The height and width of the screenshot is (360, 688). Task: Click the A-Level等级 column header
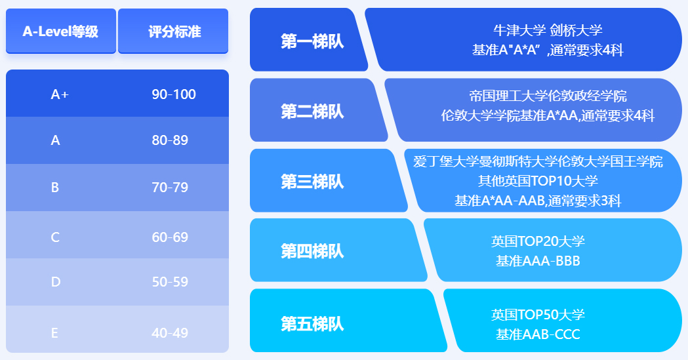(61, 31)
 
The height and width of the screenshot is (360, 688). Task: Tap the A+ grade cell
(60, 94)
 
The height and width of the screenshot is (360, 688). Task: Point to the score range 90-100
(174, 94)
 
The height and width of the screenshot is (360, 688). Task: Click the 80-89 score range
(170, 140)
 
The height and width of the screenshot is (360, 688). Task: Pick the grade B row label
(55, 188)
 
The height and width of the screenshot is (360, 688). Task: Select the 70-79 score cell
(170, 188)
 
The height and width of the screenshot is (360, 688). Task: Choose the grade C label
(55, 237)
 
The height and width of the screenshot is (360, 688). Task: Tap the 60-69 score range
(170, 237)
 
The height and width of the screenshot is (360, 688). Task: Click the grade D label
(55, 281)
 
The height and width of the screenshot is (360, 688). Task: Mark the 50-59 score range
(170, 281)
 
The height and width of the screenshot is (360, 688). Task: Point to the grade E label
(54, 333)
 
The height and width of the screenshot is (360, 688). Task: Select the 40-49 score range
(170, 333)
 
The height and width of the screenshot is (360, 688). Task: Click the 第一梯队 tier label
(312, 41)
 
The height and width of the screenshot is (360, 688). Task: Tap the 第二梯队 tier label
(312, 111)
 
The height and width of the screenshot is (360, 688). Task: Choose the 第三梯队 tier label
(312, 181)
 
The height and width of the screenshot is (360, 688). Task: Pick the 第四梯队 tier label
(312, 251)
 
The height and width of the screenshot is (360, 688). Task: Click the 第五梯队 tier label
(312, 324)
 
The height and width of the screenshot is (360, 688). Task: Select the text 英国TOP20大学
(538, 241)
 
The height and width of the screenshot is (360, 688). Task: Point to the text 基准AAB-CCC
(538, 334)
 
